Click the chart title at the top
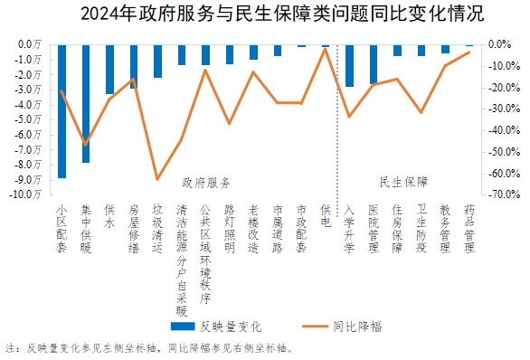pos(270,14)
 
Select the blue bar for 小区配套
pos(62,110)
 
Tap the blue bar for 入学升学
pos(349,65)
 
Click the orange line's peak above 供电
pos(325,49)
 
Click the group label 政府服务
pos(206,182)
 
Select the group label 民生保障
pos(403,182)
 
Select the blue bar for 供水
pos(109,69)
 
